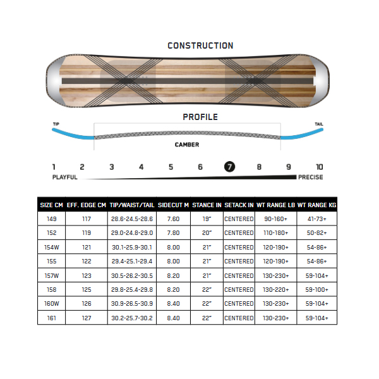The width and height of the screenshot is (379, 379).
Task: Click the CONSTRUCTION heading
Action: tap(200, 45)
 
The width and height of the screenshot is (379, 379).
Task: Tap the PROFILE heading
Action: tap(200, 117)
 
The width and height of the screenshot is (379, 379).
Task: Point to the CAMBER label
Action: tap(187, 145)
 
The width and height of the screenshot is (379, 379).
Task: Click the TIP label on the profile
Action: tap(56, 124)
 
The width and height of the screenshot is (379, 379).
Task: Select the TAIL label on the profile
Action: tap(319, 124)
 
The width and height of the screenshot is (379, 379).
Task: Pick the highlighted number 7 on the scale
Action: tap(229, 167)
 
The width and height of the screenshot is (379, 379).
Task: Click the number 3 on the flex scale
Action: tap(111, 167)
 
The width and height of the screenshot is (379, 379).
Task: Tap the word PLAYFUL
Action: tap(65, 177)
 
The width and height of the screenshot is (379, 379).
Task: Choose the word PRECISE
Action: tap(311, 177)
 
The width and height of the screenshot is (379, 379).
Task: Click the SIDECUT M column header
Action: tap(173, 205)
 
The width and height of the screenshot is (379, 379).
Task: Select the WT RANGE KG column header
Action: tap(316, 205)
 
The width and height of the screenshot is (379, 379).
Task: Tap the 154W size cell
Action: tap(52, 247)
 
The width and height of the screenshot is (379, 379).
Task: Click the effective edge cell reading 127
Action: tap(87, 318)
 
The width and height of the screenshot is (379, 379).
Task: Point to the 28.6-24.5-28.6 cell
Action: tap(132, 219)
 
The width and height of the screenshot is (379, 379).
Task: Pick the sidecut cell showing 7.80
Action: tap(173, 232)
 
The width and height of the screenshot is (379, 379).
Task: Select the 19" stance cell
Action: tap(207, 219)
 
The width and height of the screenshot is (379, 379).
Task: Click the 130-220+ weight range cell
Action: tap(276, 289)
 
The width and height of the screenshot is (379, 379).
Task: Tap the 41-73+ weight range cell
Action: tap(316, 219)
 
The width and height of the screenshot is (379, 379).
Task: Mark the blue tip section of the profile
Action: tap(73, 135)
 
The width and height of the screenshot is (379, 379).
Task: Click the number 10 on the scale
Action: tap(319, 167)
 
